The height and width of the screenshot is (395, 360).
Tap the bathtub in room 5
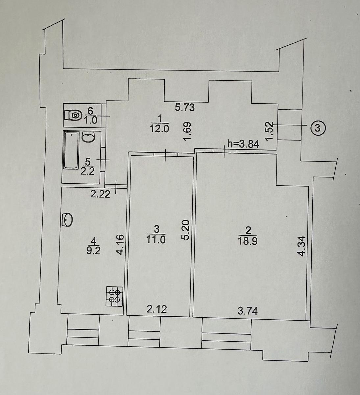pyautogui.click(x=71, y=150)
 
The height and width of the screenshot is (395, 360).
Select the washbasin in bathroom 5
pyautogui.click(x=88, y=137)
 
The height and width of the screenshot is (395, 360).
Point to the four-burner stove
pyautogui.click(x=114, y=296)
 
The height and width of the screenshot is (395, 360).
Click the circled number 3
pyautogui.click(x=318, y=128)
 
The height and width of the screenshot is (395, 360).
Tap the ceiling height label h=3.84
pyautogui.click(x=243, y=145)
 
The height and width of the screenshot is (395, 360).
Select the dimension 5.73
pyautogui.click(x=185, y=108)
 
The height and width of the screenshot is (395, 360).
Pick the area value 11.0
pyautogui.click(x=156, y=240)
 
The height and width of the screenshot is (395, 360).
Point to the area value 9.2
pyautogui.click(x=93, y=251)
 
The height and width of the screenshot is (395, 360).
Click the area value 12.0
pyautogui.click(x=159, y=129)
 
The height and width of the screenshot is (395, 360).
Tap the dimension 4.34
pyautogui.click(x=302, y=246)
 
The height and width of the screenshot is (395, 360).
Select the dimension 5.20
pyautogui.click(x=186, y=230)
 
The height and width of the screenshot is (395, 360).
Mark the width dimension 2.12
pyautogui.click(x=157, y=309)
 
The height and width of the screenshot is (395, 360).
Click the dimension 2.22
pyautogui.click(x=100, y=195)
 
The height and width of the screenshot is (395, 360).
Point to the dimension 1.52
pyautogui.click(x=269, y=131)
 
